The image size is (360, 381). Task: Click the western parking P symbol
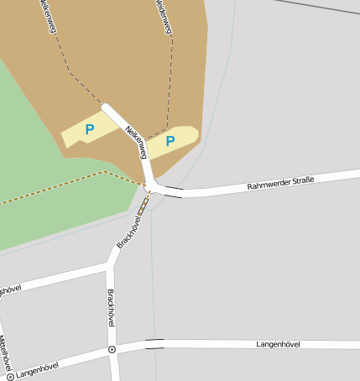pyautogui.click(x=89, y=129)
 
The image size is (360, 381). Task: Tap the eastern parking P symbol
pyautogui.click(x=170, y=141)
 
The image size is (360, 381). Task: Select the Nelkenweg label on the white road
pyautogui.click(x=136, y=143)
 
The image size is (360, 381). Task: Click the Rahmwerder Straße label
pyautogui.click(x=279, y=180)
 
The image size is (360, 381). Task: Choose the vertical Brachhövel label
pyautogui.click(x=111, y=308)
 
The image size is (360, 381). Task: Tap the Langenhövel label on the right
pyautogui.click(x=278, y=344)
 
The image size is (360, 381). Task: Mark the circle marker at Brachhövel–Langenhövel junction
pyautogui.click(x=112, y=348)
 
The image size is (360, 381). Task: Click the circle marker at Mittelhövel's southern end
pyautogui.click(x=11, y=376)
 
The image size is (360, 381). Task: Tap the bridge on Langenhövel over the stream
pyautogui.click(x=154, y=343)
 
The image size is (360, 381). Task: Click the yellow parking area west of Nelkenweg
pyautogui.click(x=76, y=138)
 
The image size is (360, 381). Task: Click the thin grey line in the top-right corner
pyautogui.click(x=319, y=7)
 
